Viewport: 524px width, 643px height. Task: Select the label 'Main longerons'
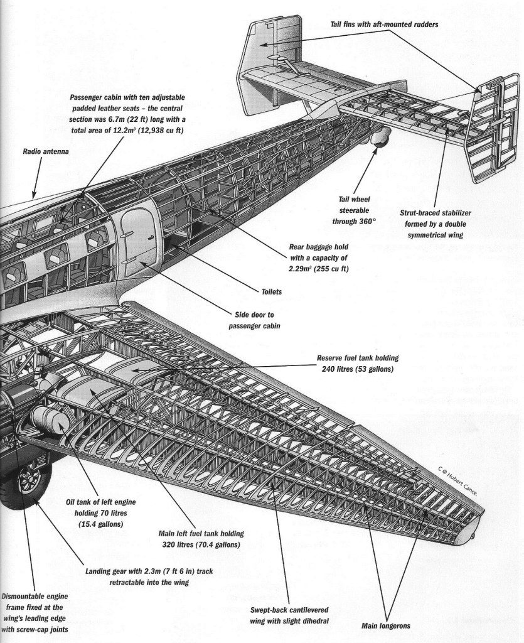pyautogui.click(x=385, y=625)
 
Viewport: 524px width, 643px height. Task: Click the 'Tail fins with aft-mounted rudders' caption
pyautogui.click(x=384, y=24)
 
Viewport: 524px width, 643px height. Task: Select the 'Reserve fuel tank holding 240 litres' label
pyautogui.click(x=357, y=363)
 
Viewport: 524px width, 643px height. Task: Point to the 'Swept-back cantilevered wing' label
pyautogui.click(x=289, y=615)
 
